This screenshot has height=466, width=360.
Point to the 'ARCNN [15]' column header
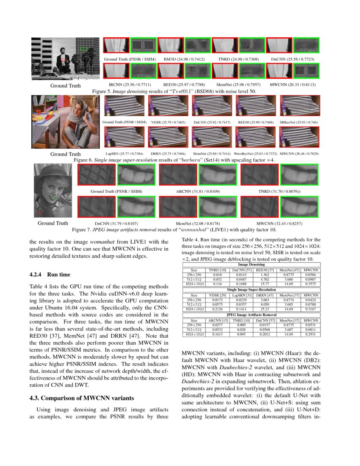(x=217, y=321)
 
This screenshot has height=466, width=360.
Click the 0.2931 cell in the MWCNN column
(x=311, y=334)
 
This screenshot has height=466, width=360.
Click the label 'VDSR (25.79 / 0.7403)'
(x=168, y=122)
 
